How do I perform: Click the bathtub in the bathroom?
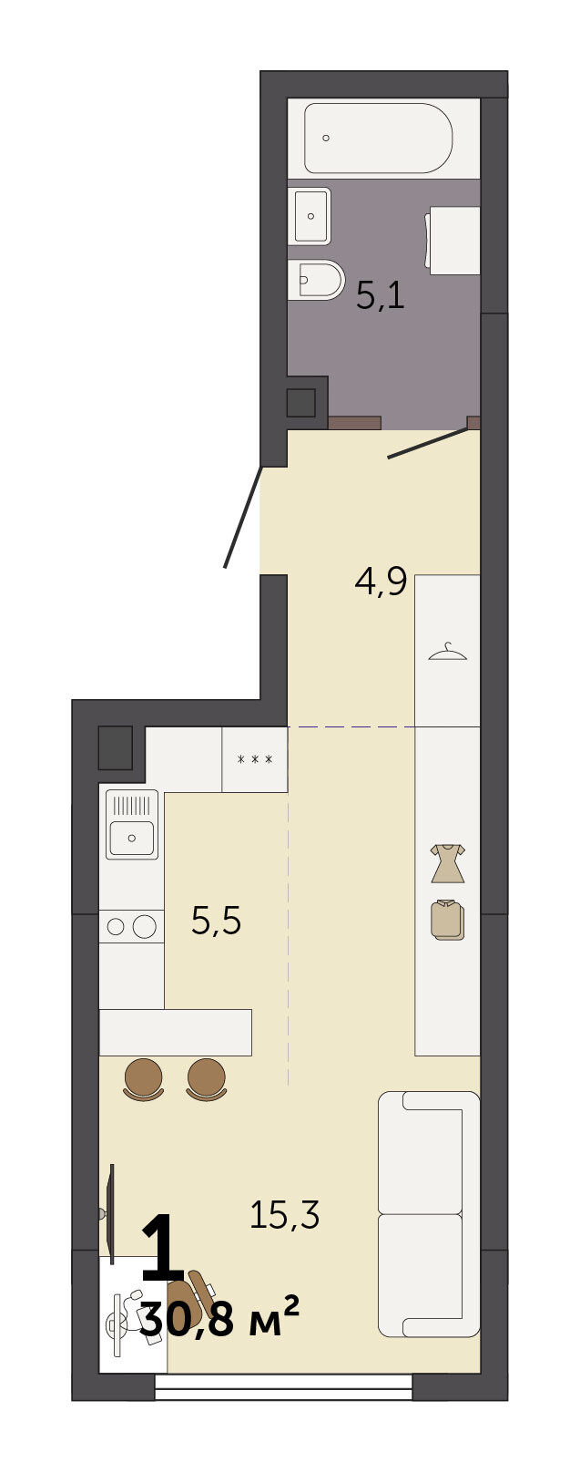379,139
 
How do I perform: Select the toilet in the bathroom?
316,280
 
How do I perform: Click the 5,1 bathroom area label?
381,295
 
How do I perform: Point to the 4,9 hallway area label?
381,582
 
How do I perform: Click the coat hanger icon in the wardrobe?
447,651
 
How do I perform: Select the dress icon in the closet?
447,863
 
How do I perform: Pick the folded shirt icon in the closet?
447,920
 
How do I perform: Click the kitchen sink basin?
132,838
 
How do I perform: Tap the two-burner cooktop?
131,926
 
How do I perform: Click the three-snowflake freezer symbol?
254,759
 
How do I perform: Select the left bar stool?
143,1080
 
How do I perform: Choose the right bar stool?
207,1080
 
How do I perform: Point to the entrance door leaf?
244,517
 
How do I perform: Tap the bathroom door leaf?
429,443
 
